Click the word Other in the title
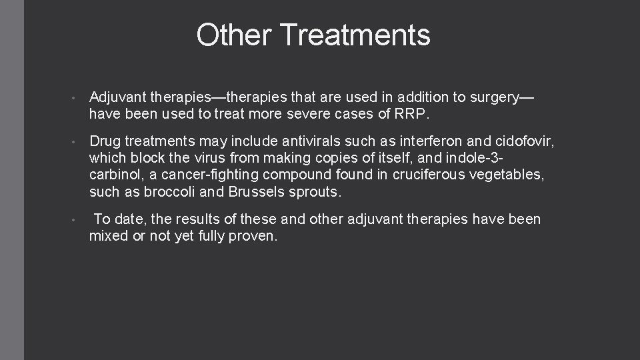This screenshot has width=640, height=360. tap(231, 35)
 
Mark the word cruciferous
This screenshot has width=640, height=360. tap(421, 175)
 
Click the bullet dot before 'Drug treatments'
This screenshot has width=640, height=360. tap(77, 143)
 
